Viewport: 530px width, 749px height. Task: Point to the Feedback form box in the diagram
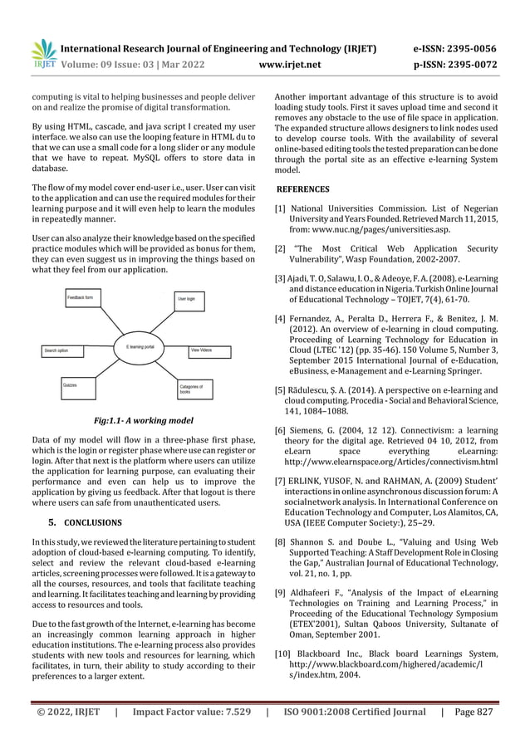[x=85, y=296]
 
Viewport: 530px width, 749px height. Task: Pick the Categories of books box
[x=198, y=388]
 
